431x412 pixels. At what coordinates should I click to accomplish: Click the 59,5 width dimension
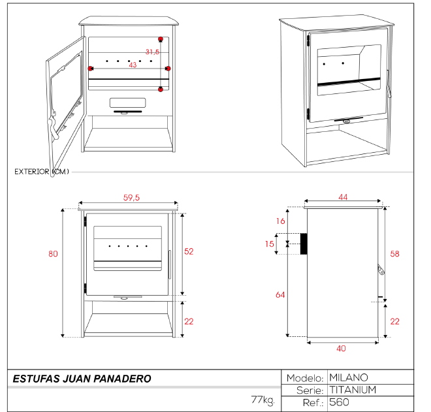pyautogui.click(x=131, y=198)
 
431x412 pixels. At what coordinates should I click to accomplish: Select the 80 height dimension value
pyautogui.click(x=53, y=254)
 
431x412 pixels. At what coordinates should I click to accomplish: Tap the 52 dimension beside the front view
pyautogui.click(x=190, y=251)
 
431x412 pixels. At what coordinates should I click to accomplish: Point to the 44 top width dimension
pyautogui.click(x=342, y=197)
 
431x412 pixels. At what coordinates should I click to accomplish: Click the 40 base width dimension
pyautogui.click(x=342, y=348)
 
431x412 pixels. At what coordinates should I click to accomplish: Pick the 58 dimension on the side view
pyautogui.click(x=394, y=253)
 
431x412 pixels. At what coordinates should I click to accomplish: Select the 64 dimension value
pyautogui.click(x=280, y=295)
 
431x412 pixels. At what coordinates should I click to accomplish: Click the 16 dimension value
pyautogui.click(x=280, y=221)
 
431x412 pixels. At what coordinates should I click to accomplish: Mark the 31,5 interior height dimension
pyautogui.click(x=152, y=52)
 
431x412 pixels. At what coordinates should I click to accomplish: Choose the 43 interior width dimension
pyautogui.click(x=133, y=65)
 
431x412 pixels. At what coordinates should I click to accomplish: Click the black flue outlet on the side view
pyautogui.click(x=304, y=244)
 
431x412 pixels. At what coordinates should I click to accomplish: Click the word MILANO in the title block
pyautogui.click(x=349, y=377)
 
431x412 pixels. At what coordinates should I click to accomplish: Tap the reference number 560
pyautogui.click(x=340, y=402)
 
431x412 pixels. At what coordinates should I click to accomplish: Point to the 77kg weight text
pyautogui.click(x=262, y=399)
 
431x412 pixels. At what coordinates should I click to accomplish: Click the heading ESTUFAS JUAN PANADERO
pyautogui.click(x=82, y=379)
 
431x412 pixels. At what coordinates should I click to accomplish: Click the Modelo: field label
pyautogui.click(x=305, y=378)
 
